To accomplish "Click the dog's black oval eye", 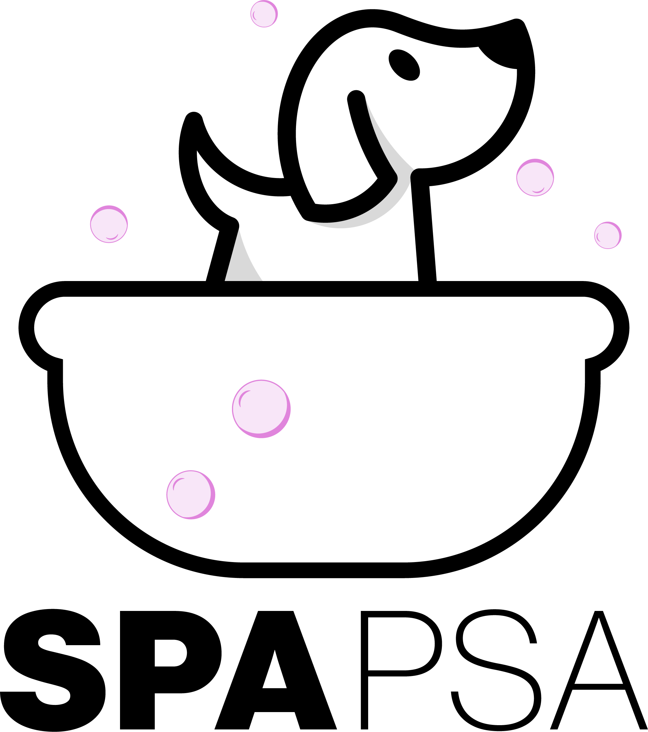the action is coord(404,65).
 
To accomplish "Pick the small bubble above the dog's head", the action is coord(264,14).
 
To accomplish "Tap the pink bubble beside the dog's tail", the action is coord(109,224).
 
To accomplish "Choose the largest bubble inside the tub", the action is coord(261,409).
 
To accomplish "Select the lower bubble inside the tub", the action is coord(191,495).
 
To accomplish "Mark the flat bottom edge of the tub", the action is coord(324,570).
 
